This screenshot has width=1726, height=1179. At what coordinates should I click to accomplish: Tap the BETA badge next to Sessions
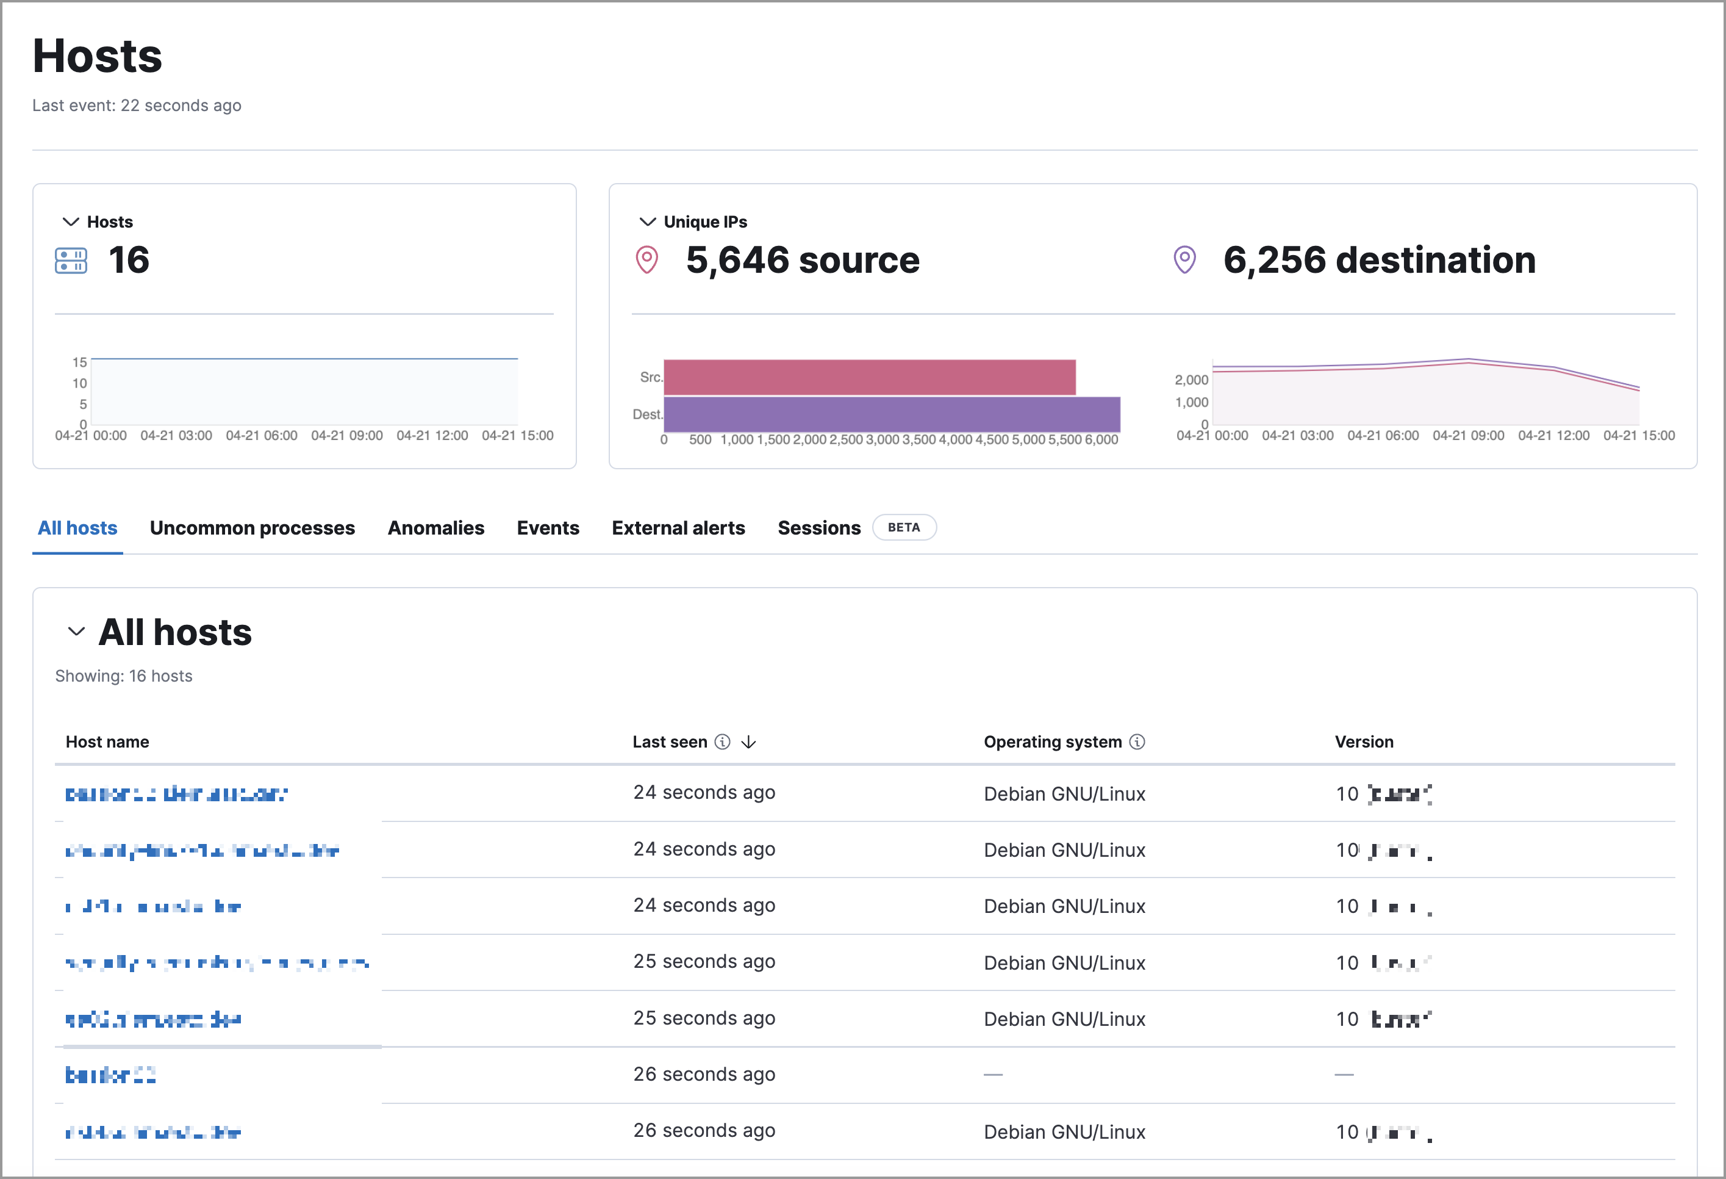[903, 527]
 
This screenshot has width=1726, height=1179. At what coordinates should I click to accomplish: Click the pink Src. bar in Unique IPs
[869, 377]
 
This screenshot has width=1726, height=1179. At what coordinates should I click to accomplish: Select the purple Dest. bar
[891, 414]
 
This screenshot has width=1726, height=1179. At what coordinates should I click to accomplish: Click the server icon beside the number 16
[71, 261]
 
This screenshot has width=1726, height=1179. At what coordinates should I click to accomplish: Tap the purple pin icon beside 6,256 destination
[1184, 260]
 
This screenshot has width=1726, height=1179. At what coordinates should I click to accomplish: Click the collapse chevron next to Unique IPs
[647, 222]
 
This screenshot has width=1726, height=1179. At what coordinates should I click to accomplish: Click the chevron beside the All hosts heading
[76, 632]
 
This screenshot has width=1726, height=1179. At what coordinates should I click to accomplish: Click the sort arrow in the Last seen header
[748, 741]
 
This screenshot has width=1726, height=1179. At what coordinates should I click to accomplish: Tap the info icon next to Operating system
[1136, 741]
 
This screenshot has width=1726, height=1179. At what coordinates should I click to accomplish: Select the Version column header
[1364, 741]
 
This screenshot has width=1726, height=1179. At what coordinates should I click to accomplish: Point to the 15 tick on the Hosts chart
[79, 362]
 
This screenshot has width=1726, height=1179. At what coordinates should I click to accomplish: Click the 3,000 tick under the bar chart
[883, 440]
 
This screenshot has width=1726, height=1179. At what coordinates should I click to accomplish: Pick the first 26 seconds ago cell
[703, 1073]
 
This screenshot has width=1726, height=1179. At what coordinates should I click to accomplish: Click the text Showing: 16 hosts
[123, 676]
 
